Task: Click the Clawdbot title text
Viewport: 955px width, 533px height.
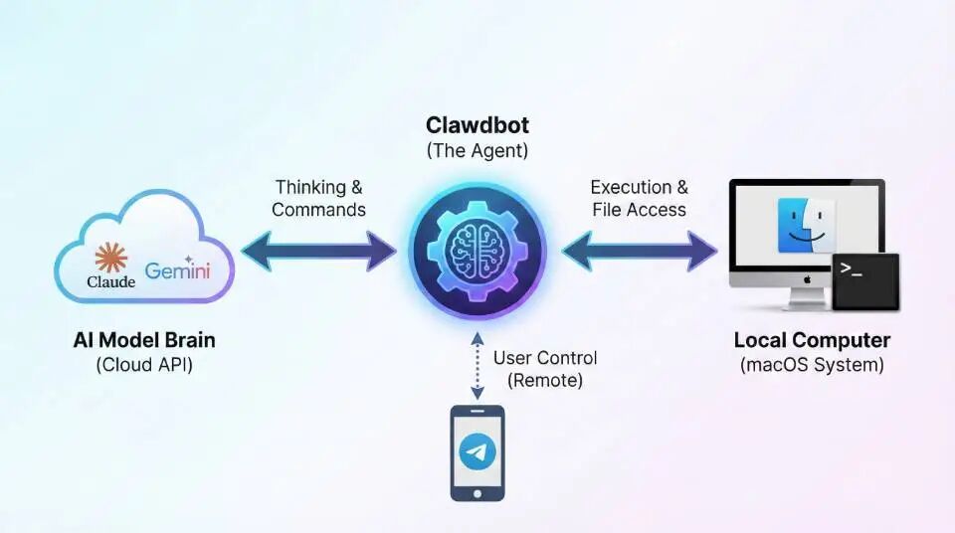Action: click(477, 126)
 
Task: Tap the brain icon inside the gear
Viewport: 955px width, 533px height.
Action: click(477, 250)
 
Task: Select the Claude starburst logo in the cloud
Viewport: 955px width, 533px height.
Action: click(110, 258)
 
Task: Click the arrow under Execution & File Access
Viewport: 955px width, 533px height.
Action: click(639, 251)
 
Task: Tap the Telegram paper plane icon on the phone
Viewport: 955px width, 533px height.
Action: click(477, 452)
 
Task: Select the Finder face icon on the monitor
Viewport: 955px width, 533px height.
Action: click(806, 225)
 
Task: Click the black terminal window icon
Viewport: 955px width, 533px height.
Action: click(865, 281)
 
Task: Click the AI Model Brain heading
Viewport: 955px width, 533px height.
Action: click(144, 340)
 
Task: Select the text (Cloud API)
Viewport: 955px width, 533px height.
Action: click(144, 365)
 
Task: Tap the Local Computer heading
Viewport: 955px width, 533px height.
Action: click(812, 340)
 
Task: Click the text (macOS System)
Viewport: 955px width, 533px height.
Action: click(812, 365)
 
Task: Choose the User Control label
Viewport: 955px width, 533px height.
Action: click(545, 358)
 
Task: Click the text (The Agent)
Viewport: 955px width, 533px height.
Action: click(477, 151)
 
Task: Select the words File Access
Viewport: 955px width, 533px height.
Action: click(639, 210)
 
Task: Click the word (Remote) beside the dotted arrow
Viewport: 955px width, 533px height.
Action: click(545, 380)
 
